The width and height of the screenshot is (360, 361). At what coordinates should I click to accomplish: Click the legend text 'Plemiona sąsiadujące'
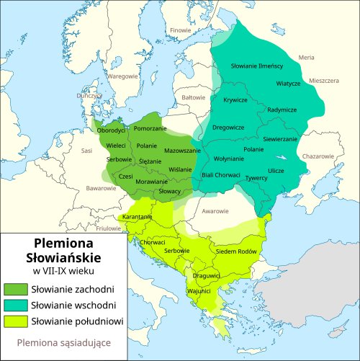[63, 343]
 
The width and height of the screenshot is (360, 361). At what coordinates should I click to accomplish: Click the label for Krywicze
[235, 100]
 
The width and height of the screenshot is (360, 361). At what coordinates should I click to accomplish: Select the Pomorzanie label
[150, 128]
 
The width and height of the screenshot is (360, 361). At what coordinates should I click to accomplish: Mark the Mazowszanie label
[182, 151]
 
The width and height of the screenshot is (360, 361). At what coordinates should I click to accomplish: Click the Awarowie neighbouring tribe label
[216, 212]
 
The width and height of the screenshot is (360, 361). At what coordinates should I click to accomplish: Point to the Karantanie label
[137, 217]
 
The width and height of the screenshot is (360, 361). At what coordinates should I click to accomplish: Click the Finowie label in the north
[181, 30]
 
